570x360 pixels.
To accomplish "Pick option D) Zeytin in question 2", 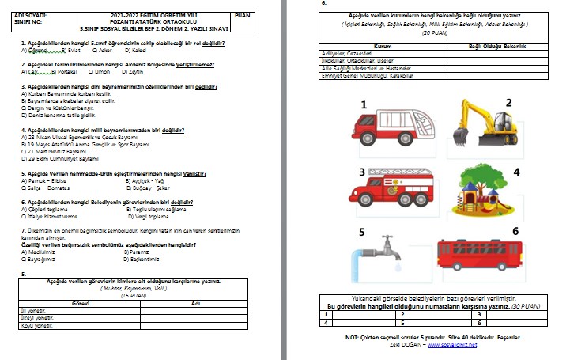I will (x=134, y=70).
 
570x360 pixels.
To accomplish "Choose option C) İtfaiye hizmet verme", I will (x=49, y=215).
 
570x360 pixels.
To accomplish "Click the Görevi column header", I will (x=80, y=304).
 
